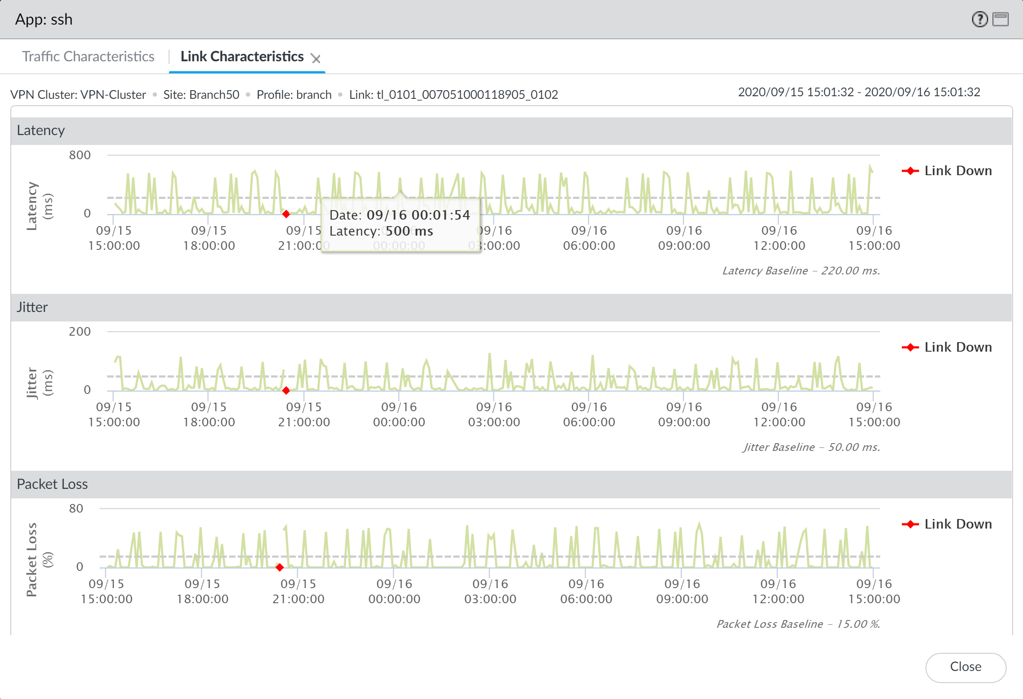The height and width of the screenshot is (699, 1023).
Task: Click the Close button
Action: coord(965,667)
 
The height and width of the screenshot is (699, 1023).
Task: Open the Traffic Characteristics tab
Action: coord(88,57)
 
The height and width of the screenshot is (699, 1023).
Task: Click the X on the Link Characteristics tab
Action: coord(316,58)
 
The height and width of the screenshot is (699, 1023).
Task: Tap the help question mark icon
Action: coord(979,19)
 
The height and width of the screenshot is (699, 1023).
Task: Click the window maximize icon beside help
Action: coord(1001,19)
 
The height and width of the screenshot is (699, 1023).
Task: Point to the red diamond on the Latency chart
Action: coord(286,214)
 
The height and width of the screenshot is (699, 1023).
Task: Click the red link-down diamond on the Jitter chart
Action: coord(286,390)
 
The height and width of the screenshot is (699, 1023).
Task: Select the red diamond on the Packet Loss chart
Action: coord(279,567)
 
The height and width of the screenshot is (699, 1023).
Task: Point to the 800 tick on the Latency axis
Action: coord(80,155)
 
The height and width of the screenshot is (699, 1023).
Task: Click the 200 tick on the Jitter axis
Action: coord(80,331)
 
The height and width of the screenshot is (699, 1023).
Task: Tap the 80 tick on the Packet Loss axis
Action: coord(76,508)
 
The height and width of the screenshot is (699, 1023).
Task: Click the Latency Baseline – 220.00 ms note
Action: coord(801,271)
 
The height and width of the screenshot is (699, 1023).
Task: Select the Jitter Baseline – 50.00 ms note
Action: coord(811,447)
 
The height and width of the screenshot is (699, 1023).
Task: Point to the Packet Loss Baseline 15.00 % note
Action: coord(798,623)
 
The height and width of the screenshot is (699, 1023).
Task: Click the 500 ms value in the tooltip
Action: coord(409,231)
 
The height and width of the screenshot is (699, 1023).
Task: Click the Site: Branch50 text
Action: coord(201,94)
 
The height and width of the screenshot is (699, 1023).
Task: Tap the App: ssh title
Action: coord(44,19)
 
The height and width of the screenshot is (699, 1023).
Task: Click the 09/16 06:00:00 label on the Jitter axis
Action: coord(589,415)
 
